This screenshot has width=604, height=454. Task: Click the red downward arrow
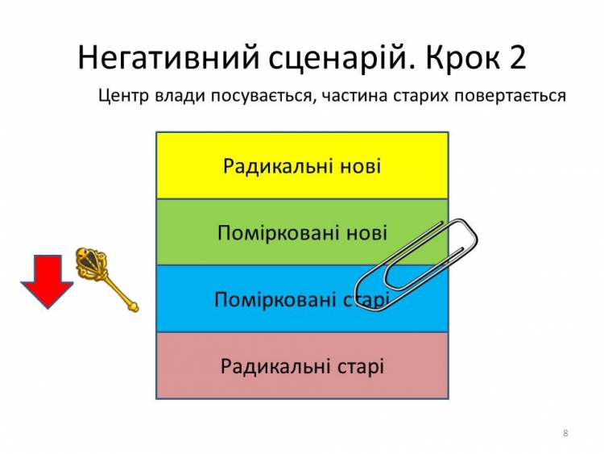coord(47,281)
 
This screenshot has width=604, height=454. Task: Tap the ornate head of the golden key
coord(90,264)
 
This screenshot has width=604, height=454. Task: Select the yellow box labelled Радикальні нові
coord(302,165)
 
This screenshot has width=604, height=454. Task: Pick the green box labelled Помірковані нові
coord(302,232)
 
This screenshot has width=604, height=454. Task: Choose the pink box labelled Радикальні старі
coord(302,365)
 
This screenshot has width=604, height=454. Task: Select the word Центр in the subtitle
coord(124,96)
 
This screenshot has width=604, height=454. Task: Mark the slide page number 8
coord(565,433)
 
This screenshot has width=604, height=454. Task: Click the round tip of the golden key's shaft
coord(133,307)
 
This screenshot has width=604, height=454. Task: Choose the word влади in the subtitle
coord(180,96)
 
